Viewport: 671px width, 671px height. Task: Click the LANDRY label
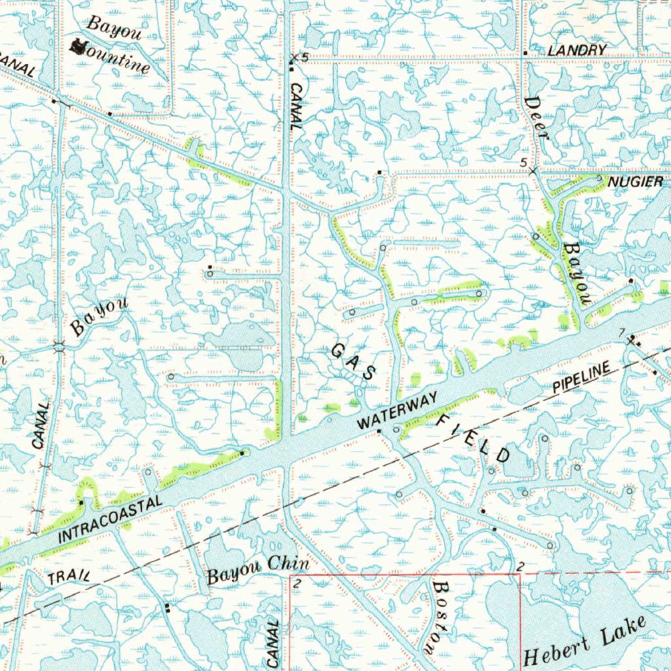[x=577, y=50]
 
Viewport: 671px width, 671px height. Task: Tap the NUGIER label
[x=635, y=182]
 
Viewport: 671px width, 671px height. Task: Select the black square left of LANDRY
[x=526, y=52]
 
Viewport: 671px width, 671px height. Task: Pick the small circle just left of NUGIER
[x=600, y=178]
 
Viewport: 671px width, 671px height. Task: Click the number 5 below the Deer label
[x=523, y=162]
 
